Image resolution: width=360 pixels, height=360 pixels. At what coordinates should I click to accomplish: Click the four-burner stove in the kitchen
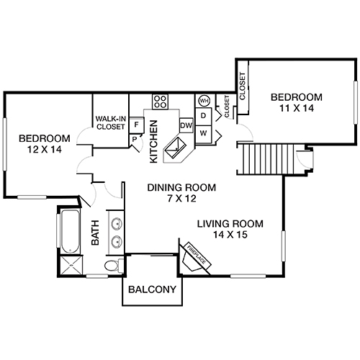pos(161,101)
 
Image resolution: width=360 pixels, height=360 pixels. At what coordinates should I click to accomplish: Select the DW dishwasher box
pos(186,125)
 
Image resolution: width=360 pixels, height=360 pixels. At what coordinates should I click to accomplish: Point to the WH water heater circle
pos(204,100)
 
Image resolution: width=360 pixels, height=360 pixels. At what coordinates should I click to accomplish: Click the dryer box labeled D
pos(204,115)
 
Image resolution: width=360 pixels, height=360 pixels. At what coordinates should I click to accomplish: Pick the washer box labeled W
pos(204,132)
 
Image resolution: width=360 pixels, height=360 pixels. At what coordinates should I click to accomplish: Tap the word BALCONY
pos(151,290)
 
